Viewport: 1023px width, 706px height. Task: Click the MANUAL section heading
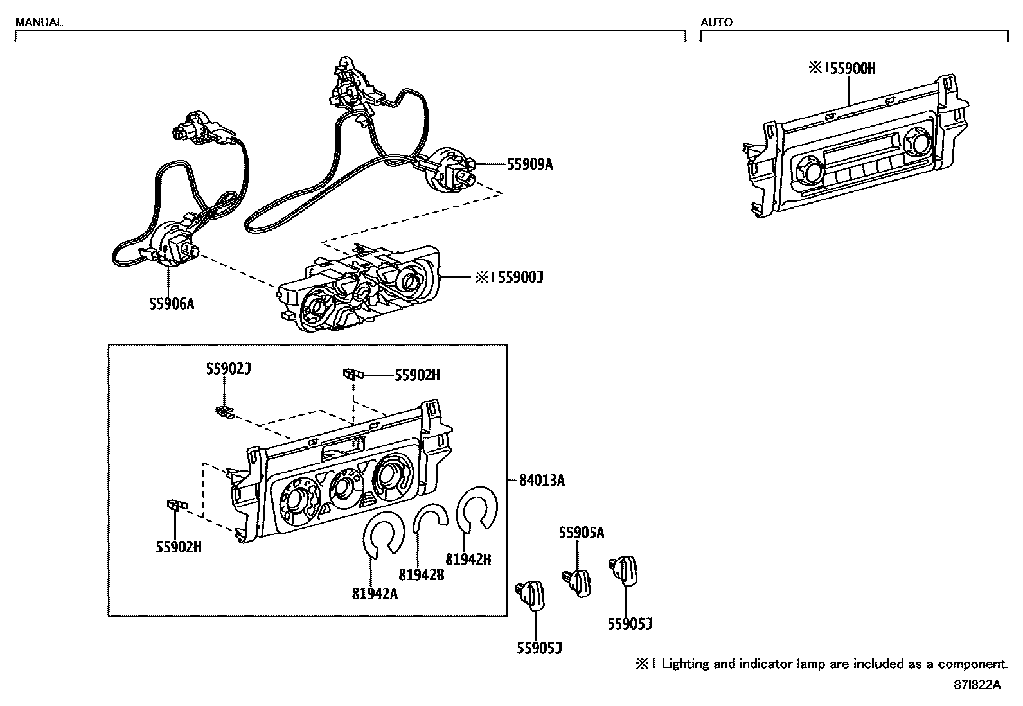(x=39, y=22)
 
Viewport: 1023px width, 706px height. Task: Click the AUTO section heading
(x=716, y=22)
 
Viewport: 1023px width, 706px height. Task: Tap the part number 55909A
(x=529, y=164)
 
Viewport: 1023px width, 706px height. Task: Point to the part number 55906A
(x=172, y=304)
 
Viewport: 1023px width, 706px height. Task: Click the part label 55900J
(x=515, y=278)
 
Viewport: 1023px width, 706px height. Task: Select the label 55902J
(x=228, y=369)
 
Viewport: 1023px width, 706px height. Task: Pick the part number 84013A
(x=542, y=480)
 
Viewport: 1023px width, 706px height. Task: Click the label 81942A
(x=375, y=594)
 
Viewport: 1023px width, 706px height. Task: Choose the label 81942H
(x=468, y=560)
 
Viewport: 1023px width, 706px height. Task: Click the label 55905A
(x=581, y=532)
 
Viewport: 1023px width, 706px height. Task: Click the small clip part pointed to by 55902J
(x=223, y=411)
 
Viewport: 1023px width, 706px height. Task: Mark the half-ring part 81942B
(x=430, y=515)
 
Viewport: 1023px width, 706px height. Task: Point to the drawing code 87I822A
(x=977, y=685)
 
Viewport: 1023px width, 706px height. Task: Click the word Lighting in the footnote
(x=685, y=664)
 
